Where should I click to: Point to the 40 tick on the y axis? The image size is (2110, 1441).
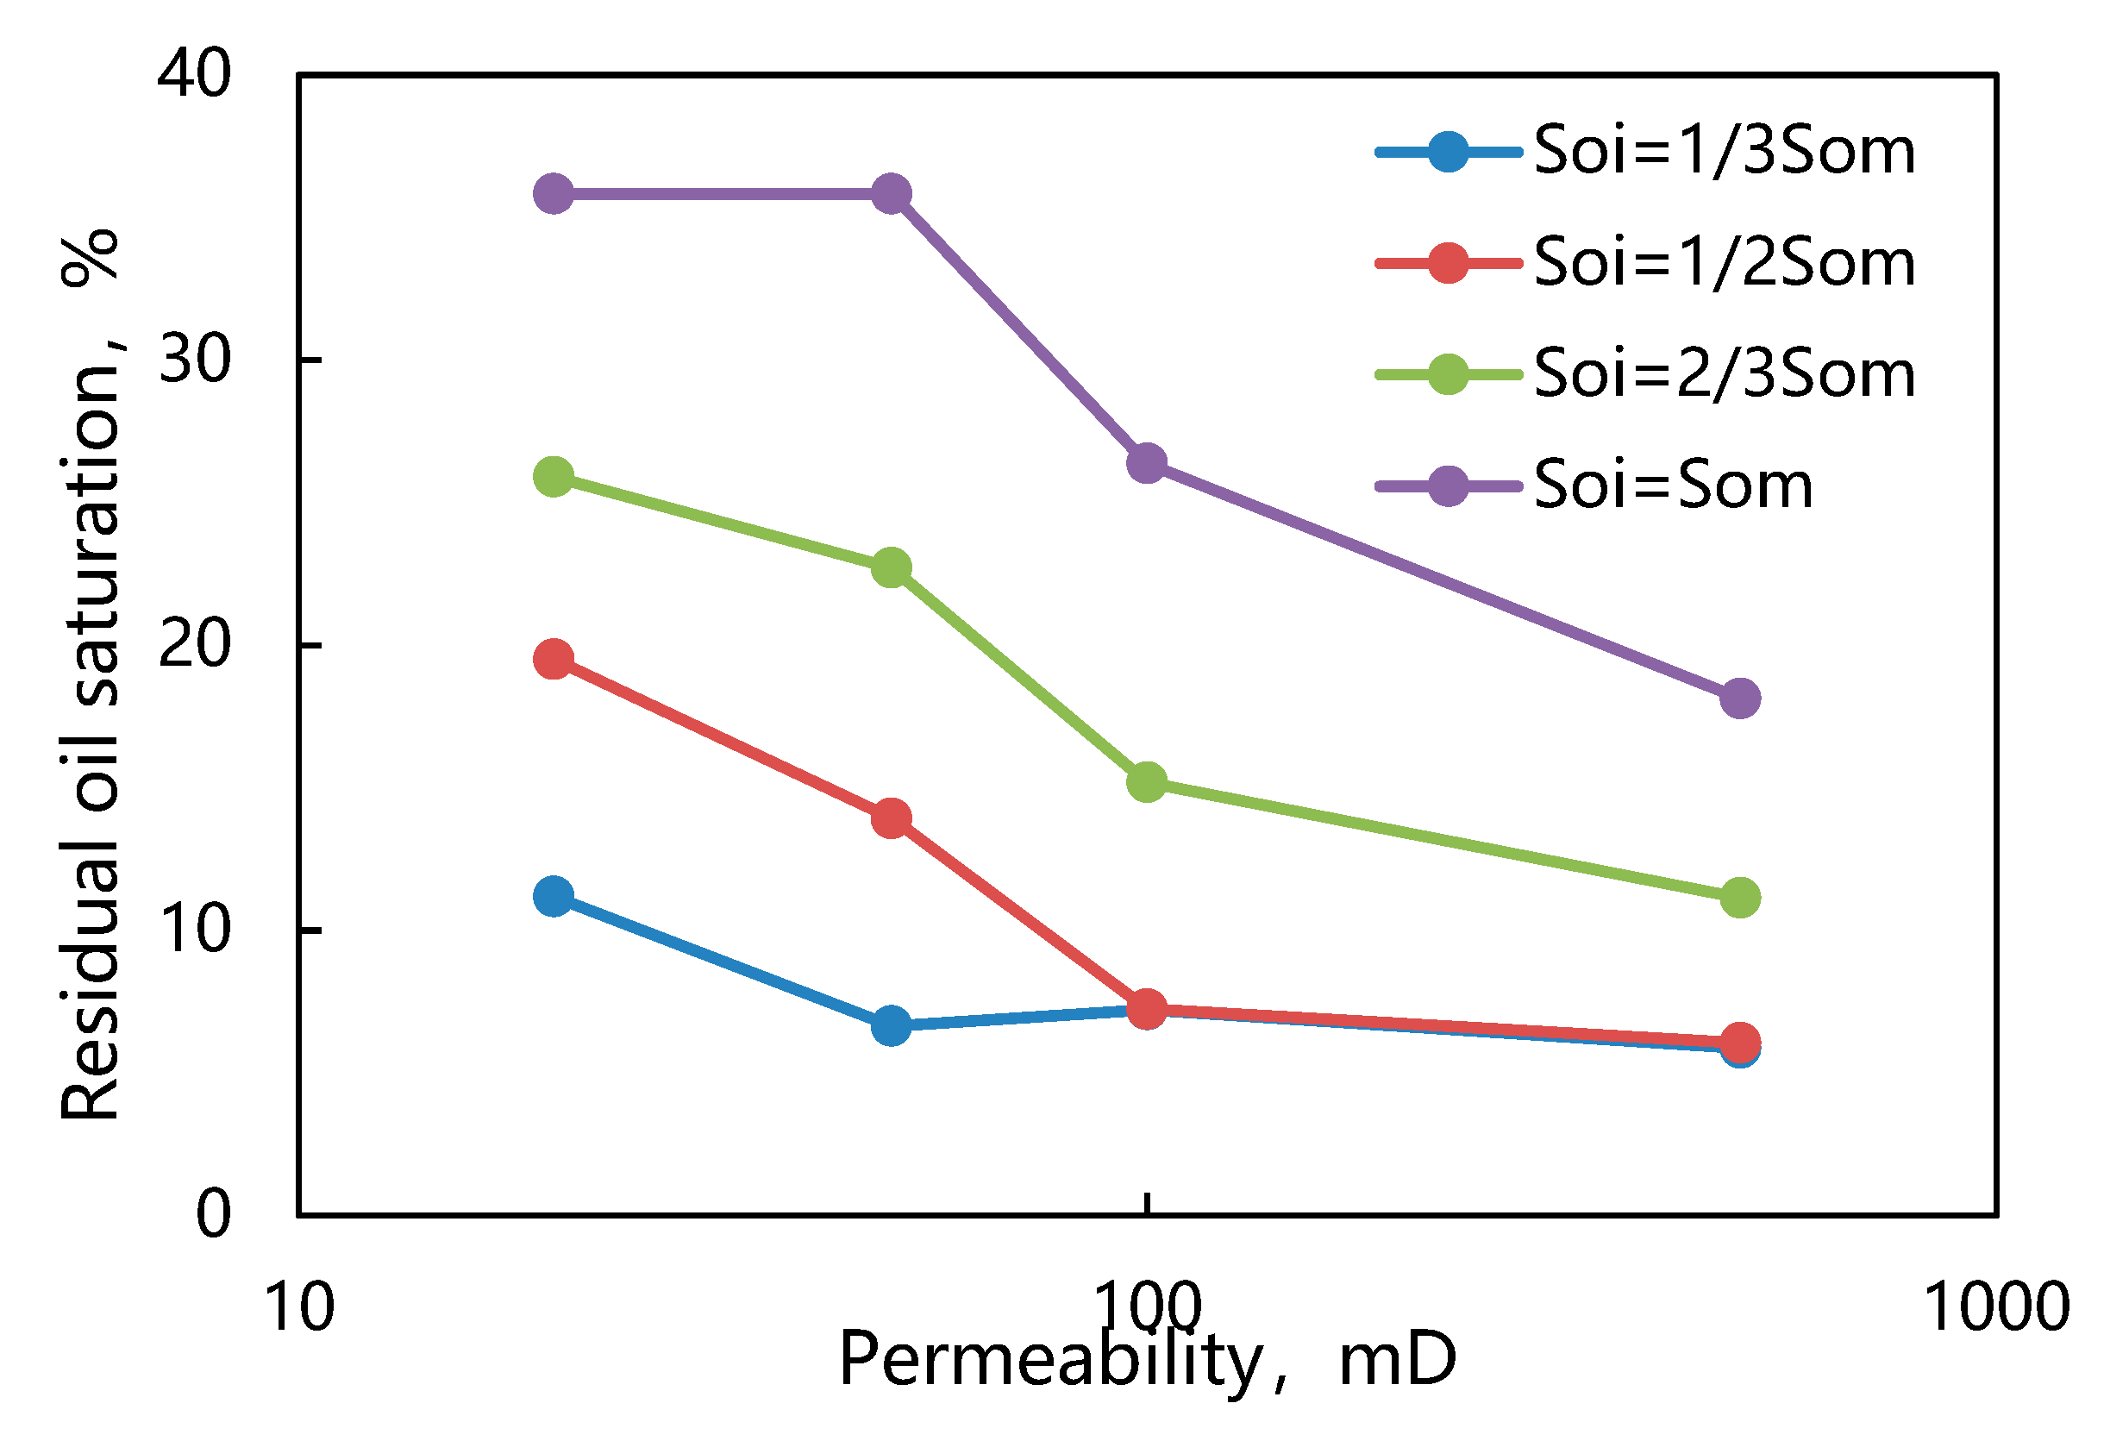194,73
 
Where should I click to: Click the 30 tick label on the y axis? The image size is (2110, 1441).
194,360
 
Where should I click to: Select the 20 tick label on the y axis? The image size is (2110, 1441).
194,645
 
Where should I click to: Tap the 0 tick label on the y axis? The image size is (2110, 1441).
213,1214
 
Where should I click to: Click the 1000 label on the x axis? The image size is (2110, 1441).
1996,1308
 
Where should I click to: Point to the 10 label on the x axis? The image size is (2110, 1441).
298,1308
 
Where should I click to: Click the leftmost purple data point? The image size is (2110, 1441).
554,193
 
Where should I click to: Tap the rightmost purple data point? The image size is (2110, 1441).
1739,699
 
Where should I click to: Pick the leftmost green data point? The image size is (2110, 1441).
554,477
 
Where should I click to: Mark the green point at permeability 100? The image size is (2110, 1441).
1147,782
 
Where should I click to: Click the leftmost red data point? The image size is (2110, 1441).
554,659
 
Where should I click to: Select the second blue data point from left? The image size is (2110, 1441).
892,1025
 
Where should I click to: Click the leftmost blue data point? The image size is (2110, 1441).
554,897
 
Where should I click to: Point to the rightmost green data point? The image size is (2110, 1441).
1739,898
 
